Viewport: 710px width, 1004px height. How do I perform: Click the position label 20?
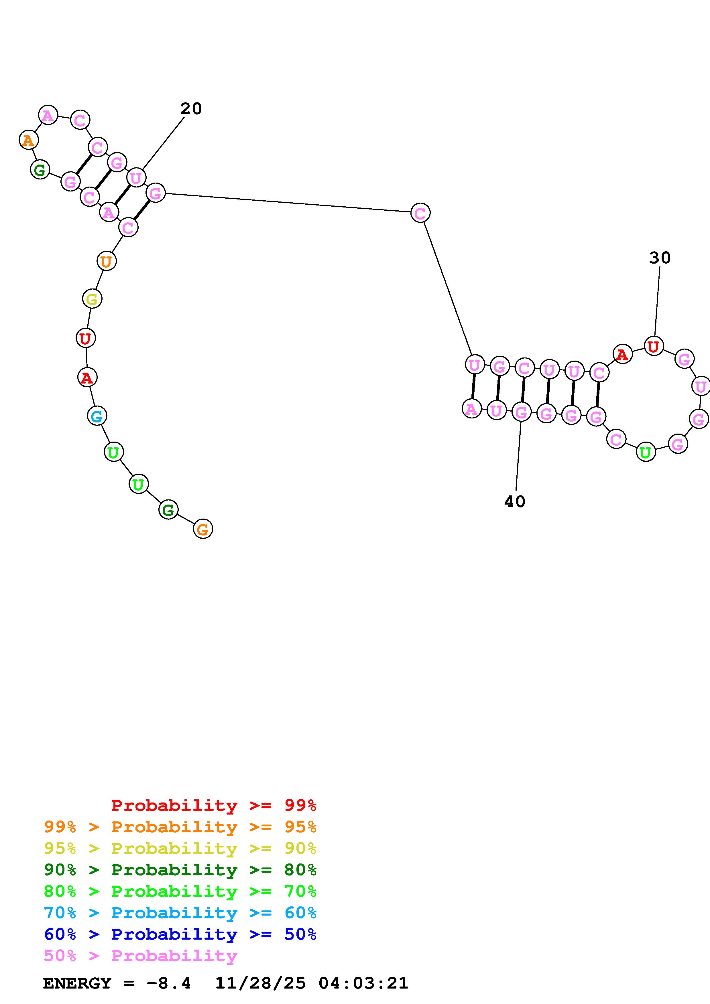coord(191,109)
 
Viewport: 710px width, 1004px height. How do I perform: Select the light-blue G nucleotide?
coord(97,416)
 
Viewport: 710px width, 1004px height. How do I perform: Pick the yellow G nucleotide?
coord(92,299)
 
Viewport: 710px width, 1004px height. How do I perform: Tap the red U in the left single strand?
coord(85,338)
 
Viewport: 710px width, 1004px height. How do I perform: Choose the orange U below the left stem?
coord(106,262)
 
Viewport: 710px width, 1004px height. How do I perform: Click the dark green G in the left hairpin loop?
coord(40,170)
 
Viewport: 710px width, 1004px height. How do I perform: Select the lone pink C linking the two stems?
coord(420,213)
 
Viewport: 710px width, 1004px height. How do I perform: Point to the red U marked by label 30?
coord(654,346)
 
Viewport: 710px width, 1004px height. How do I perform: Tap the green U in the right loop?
coord(646,452)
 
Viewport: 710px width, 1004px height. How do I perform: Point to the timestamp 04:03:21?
coord(363,983)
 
